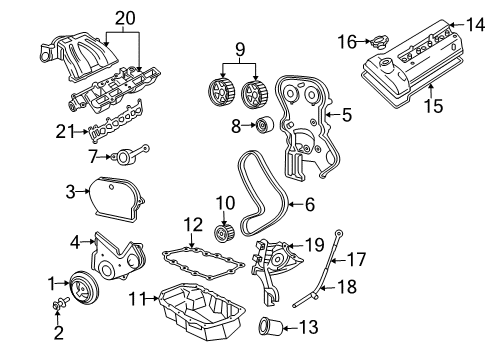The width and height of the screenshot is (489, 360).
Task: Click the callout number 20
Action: (x=123, y=17)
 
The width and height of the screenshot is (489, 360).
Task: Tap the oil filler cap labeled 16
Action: (x=379, y=43)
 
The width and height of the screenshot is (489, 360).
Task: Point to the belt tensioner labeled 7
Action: (x=126, y=154)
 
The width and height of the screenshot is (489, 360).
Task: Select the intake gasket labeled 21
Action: (x=116, y=129)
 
